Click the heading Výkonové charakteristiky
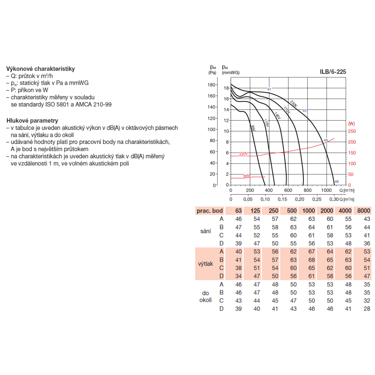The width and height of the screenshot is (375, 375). coord(40,69)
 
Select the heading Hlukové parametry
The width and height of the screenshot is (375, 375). coord(32,121)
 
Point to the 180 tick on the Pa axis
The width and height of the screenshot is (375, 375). coord(211,85)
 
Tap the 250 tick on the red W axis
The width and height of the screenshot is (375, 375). coord(351,132)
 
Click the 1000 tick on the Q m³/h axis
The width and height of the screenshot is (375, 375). coord(327,190)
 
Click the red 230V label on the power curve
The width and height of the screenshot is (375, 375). coord(244,154)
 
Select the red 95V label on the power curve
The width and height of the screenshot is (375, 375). coord(246,176)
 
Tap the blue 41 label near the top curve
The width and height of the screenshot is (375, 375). coord(269,89)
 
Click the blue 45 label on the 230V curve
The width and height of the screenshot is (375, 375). coord(304,111)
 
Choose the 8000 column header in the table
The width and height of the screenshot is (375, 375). coord(364,211)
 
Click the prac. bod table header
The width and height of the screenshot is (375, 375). coord(210,211)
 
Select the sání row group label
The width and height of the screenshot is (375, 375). coord(205,231)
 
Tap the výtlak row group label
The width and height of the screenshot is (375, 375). coord(205,264)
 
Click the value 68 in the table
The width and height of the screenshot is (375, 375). coord(311,259)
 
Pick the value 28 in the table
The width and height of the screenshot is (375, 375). coord(367,309)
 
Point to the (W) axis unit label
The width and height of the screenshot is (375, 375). coord(351,123)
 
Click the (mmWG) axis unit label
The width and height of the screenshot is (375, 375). coord(231,72)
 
